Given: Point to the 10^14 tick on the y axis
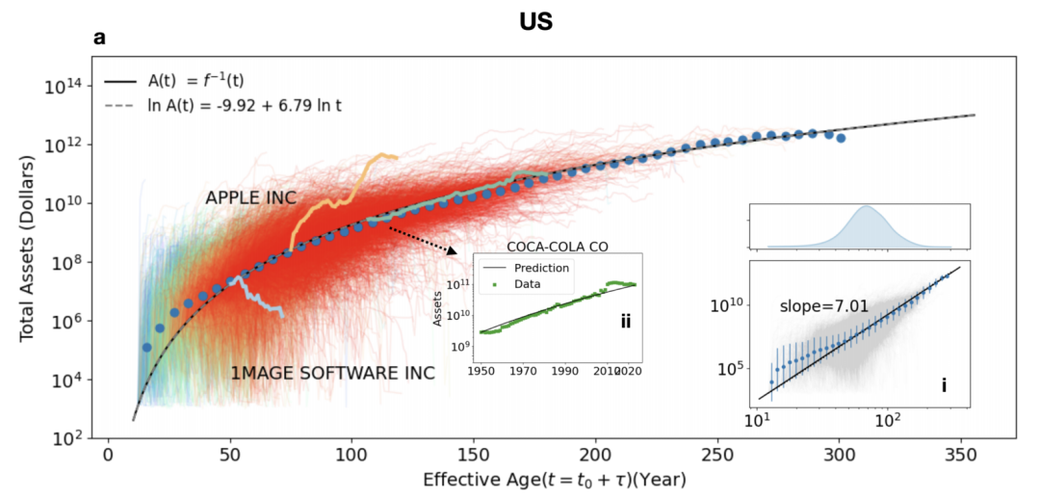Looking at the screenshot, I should click(x=64, y=86).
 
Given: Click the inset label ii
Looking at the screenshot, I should click(x=626, y=322).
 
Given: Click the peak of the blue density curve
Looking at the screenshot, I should click(x=868, y=207).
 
